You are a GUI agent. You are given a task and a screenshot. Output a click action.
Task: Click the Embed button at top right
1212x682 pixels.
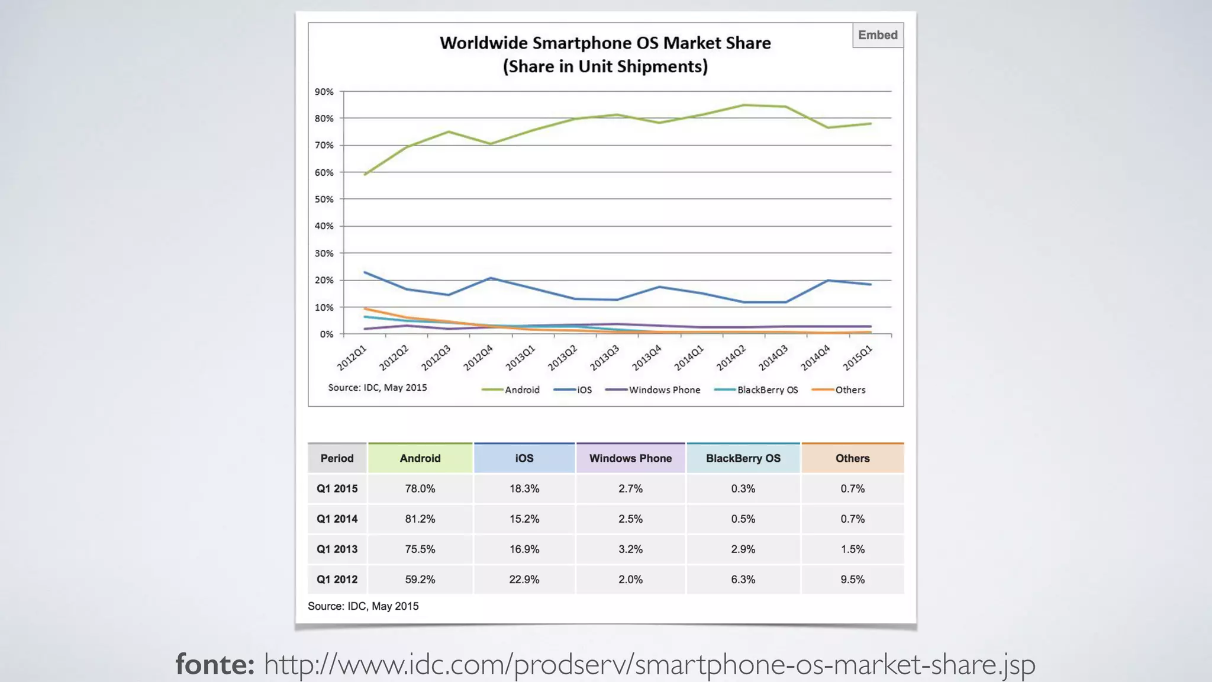pos(878,36)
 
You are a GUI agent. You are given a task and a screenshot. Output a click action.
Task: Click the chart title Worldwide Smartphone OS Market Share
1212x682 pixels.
pos(605,43)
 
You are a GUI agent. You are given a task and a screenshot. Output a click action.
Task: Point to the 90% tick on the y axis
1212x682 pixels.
pos(324,92)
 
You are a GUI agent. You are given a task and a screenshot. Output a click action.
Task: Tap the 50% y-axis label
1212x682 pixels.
pos(324,200)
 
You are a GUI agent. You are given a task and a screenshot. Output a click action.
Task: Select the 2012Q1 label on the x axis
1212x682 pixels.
pos(352,358)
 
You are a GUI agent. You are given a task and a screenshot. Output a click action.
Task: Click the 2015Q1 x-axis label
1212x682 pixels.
pos(858,358)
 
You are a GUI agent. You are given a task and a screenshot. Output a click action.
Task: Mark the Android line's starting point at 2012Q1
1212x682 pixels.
pos(365,174)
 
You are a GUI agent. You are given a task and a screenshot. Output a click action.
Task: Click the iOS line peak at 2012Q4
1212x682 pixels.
pos(491,278)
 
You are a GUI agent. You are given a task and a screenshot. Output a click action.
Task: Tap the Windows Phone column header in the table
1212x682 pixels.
pos(630,458)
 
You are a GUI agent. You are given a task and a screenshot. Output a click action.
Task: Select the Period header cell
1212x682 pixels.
pos(337,458)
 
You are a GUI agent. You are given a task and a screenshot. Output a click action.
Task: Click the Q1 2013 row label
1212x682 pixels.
pos(337,549)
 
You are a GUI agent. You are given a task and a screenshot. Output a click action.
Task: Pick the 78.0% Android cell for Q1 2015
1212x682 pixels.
pos(420,489)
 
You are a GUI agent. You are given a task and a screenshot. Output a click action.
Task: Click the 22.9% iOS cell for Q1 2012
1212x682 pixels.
pos(524,580)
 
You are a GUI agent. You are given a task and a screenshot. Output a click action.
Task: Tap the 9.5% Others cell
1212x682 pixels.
pos(852,580)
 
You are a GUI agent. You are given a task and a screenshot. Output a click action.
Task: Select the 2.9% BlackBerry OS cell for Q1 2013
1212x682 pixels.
pos(743,549)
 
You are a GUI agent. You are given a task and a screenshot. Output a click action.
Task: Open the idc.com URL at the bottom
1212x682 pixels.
pos(649,664)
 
